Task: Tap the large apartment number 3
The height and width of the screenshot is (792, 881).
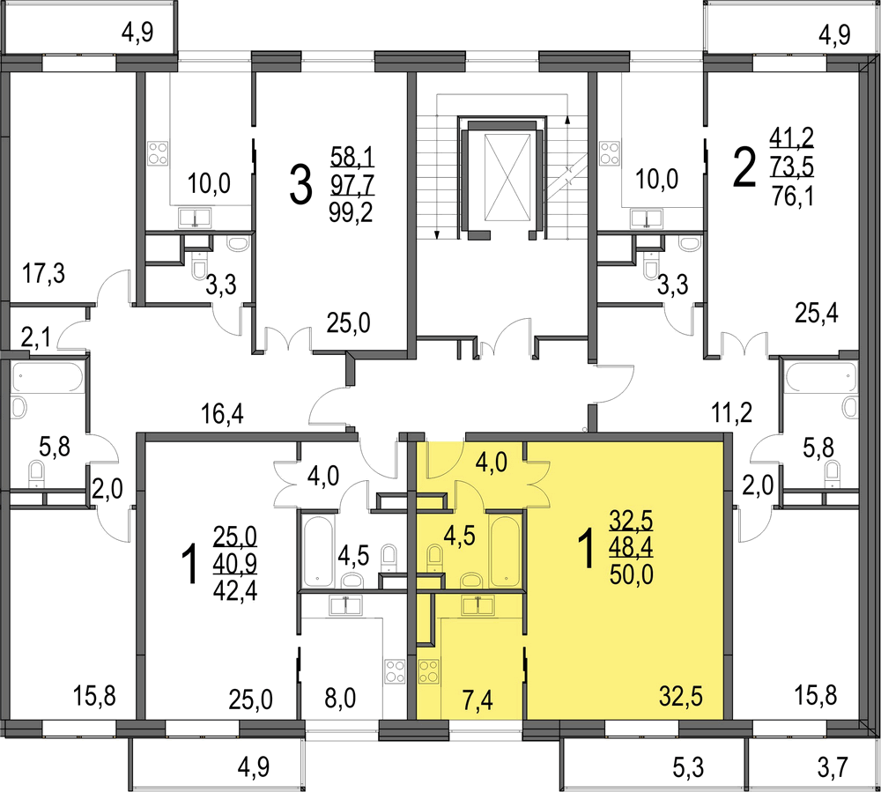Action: point(300,186)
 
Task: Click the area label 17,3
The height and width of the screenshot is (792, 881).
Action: point(44,274)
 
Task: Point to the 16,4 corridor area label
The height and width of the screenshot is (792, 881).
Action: point(223,415)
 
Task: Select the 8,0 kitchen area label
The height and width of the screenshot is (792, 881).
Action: point(340,699)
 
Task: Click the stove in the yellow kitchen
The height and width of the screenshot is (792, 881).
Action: point(429,671)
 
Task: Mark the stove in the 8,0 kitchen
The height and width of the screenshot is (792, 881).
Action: point(395,671)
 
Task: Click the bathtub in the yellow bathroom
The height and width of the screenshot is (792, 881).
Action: point(504,551)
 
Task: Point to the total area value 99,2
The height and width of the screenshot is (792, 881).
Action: point(352,213)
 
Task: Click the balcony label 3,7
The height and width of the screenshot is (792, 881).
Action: point(833,767)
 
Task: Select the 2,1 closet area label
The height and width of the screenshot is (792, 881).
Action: point(36,338)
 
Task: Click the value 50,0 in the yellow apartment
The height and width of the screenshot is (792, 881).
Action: point(632,575)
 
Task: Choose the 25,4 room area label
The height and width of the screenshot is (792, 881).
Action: point(817,313)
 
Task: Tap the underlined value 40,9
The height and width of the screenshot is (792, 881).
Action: point(235,565)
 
